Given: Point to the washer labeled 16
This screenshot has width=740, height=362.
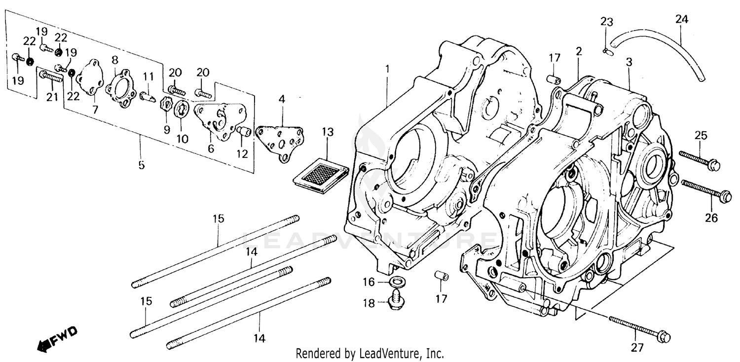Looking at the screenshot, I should [396, 283].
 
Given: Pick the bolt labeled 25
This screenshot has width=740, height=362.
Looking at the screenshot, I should [700, 160].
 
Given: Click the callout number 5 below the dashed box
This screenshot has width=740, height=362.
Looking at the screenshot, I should [142, 165].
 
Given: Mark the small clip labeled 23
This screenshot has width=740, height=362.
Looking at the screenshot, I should [606, 49].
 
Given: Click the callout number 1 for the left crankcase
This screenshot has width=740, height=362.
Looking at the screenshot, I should [387, 69].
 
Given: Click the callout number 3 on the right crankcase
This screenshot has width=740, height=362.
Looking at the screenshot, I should [629, 62].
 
